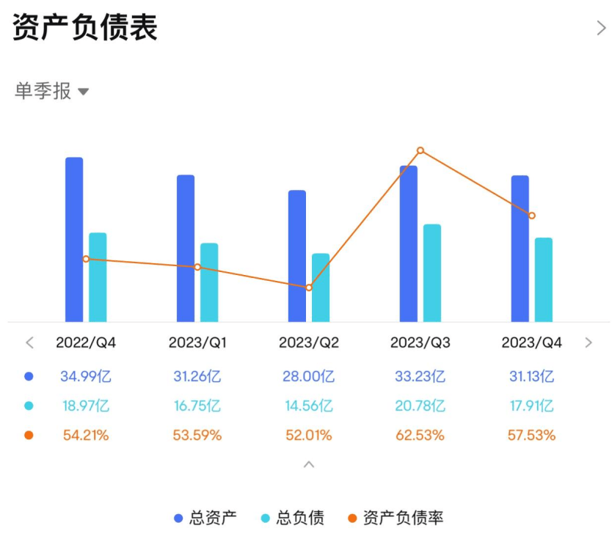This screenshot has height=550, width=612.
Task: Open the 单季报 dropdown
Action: click(51, 92)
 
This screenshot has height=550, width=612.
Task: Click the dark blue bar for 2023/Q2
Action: click(297, 256)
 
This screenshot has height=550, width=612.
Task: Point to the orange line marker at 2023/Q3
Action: click(420, 150)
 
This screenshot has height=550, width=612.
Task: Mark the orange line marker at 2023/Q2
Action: click(309, 287)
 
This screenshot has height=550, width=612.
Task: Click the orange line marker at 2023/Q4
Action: click(532, 216)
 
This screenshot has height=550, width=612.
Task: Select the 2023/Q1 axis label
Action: click(197, 342)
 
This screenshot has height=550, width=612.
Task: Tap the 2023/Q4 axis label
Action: click(532, 342)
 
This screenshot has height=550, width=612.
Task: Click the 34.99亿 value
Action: click(86, 377)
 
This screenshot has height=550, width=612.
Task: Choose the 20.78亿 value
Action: click(420, 406)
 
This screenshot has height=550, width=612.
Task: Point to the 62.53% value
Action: click(420, 435)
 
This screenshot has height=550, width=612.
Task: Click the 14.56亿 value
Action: click(309, 406)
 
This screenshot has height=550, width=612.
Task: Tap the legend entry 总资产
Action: click(205, 518)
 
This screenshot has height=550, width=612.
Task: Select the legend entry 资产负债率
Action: click(396, 518)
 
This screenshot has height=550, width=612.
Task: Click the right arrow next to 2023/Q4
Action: click(589, 342)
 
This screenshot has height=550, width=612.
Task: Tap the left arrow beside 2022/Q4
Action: click(30, 342)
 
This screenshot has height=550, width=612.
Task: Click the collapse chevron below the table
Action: click(309, 464)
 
